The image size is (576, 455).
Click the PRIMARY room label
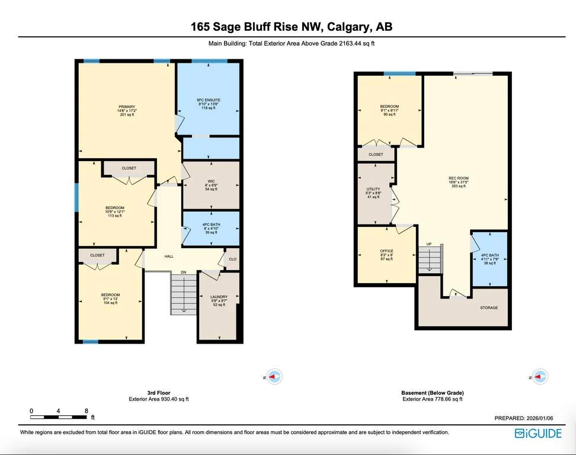click(x=127, y=107)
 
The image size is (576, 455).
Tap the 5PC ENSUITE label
click(x=209, y=100)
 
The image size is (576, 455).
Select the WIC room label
click(x=211, y=181)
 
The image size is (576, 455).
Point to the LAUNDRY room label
click(x=219, y=297)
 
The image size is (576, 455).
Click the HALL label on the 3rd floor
click(x=169, y=257)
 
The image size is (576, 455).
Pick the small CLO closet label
click(x=232, y=259)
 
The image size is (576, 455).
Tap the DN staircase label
click(x=183, y=272)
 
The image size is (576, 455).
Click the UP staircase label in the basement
click(x=428, y=244)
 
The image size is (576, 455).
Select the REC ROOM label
click(x=459, y=178)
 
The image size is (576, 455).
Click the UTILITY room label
click(x=373, y=189)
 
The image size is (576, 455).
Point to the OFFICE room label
click(x=387, y=251)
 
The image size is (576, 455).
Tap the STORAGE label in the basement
click(x=489, y=307)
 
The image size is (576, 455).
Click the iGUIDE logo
click(x=538, y=434)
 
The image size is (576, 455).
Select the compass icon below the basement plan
click(x=540, y=377)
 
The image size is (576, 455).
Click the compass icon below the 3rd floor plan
click(x=274, y=377)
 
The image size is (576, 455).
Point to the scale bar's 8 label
click(x=87, y=411)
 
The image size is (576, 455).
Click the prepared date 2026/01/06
click(x=540, y=418)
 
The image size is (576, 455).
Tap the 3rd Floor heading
click(x=159, y=393)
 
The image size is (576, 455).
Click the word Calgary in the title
click(x=348, y=27)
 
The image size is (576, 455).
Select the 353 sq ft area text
click(x=459, y=186)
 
